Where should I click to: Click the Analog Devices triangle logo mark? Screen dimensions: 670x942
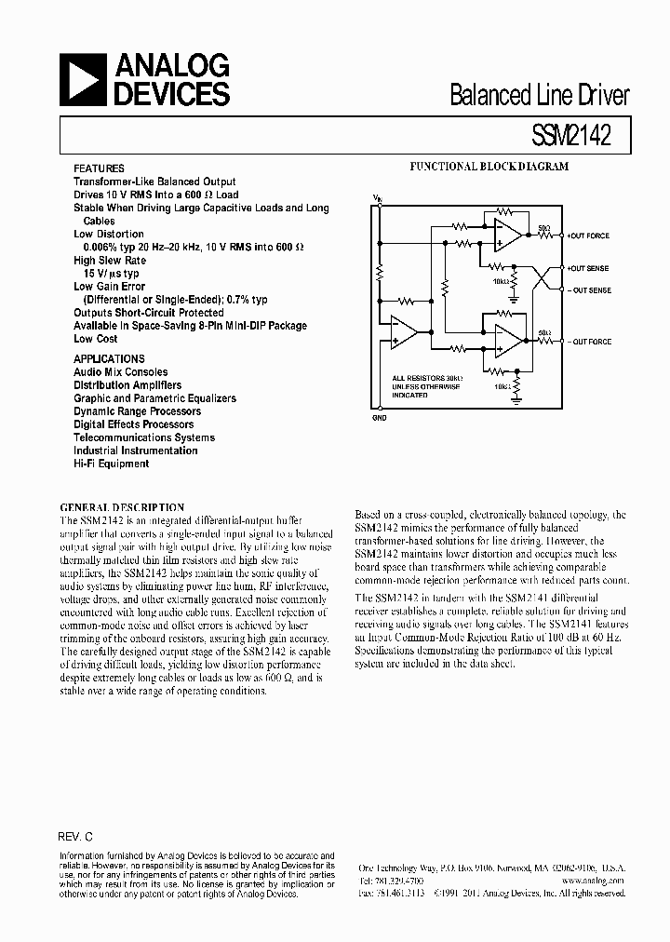click(x=82, y=79)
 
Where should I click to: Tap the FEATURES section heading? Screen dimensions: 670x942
click(x=99, y=169)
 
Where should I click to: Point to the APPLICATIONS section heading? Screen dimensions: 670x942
click(x=109, y=358)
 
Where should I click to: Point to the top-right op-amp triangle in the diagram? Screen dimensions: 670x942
click(x=507, y=235)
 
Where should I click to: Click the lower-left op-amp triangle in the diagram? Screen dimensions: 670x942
click(x=404, y=332)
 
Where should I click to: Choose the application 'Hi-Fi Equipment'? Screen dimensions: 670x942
click(x=111, y=463)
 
